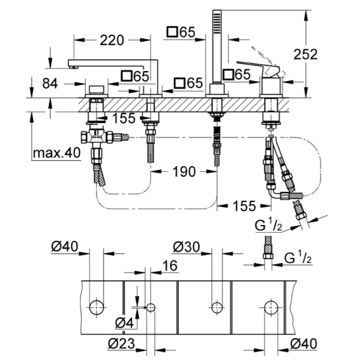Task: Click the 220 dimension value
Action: pos(112,41)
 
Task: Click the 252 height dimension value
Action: pos(305,55)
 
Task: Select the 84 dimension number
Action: pos(50,84)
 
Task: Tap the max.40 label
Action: pos(56,153)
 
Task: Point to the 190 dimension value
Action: pos(184,172)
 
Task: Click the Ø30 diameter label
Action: pos(186,247)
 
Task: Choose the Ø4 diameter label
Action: pos(124,323)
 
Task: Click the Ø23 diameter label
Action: pos(121,344)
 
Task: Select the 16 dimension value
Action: pos(170,266)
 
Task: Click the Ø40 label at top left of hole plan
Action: pos(65,247)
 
